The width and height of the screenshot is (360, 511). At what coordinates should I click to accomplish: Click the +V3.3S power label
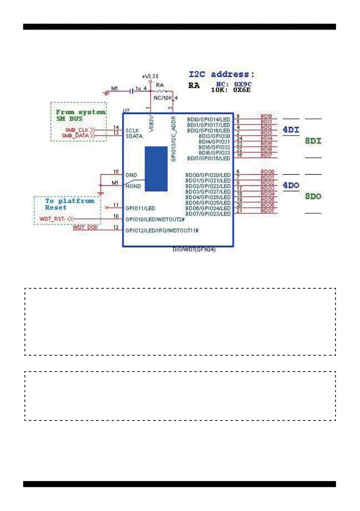point(150,76)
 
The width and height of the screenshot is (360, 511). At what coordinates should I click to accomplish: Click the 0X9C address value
point(242,85)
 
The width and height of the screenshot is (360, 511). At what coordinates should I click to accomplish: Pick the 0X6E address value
point(242,91)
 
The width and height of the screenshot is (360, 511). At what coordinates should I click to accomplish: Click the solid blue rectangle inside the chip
point(156,169)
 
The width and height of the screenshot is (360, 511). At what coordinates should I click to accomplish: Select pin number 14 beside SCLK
point(116,127)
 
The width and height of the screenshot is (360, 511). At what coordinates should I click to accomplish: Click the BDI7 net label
point(266,155)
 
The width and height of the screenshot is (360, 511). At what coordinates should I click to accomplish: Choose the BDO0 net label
point(267,172)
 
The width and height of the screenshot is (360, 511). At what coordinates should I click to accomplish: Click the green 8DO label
point(313,197)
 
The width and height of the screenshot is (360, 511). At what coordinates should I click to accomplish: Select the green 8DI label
point(313,141)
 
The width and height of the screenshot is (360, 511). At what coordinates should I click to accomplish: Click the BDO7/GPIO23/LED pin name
point(208,214)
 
